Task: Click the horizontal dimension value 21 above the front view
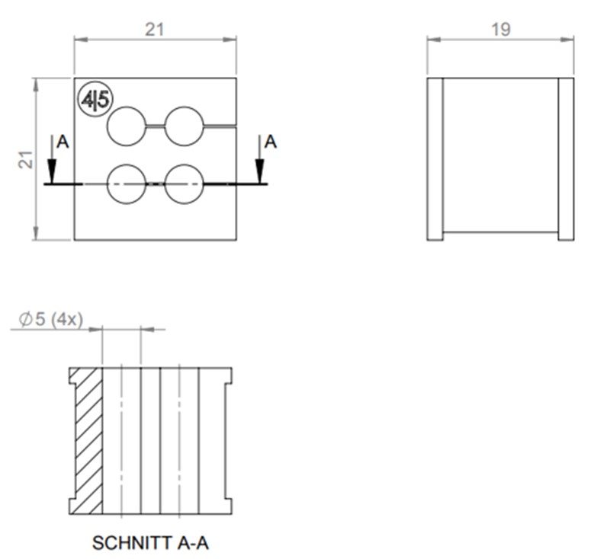click(156, 29)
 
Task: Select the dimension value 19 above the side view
click(501, 29)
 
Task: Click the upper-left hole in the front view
click(127, 126)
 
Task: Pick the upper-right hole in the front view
click(185, 126)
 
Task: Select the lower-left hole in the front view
click(127, 184)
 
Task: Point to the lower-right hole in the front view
click(185, 184)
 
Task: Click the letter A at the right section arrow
click(271, 142)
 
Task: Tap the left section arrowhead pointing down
click(51, 174)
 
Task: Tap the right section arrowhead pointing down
click(260, 174)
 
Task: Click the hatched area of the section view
click(88, 442)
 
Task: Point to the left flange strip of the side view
click(435, 158)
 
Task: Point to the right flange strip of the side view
click(566, 158)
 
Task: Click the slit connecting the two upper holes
click(156, 125)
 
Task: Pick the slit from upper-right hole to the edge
click(220, 124)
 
